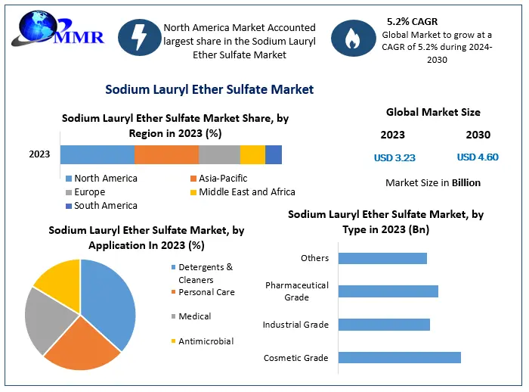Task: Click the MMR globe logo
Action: (58, 29)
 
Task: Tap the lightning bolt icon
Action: (139, 37)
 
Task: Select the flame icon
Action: (353, 38)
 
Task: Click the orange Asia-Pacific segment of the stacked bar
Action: (167, 155)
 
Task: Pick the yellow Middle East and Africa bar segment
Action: (252, 155)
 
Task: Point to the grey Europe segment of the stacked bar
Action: (219, 155)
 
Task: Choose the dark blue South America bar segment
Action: (274, 155)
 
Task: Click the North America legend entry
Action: (101, 178)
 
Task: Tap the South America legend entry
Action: (101, 206)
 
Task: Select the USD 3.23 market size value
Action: (394, 158)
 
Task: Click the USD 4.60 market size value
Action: (478, 157)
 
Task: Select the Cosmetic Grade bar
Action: (400, 357)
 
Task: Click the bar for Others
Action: (382, 258)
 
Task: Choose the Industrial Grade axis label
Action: (295, 325)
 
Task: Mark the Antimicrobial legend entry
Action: (203, 341)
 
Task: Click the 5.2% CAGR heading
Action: (413, 22)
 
